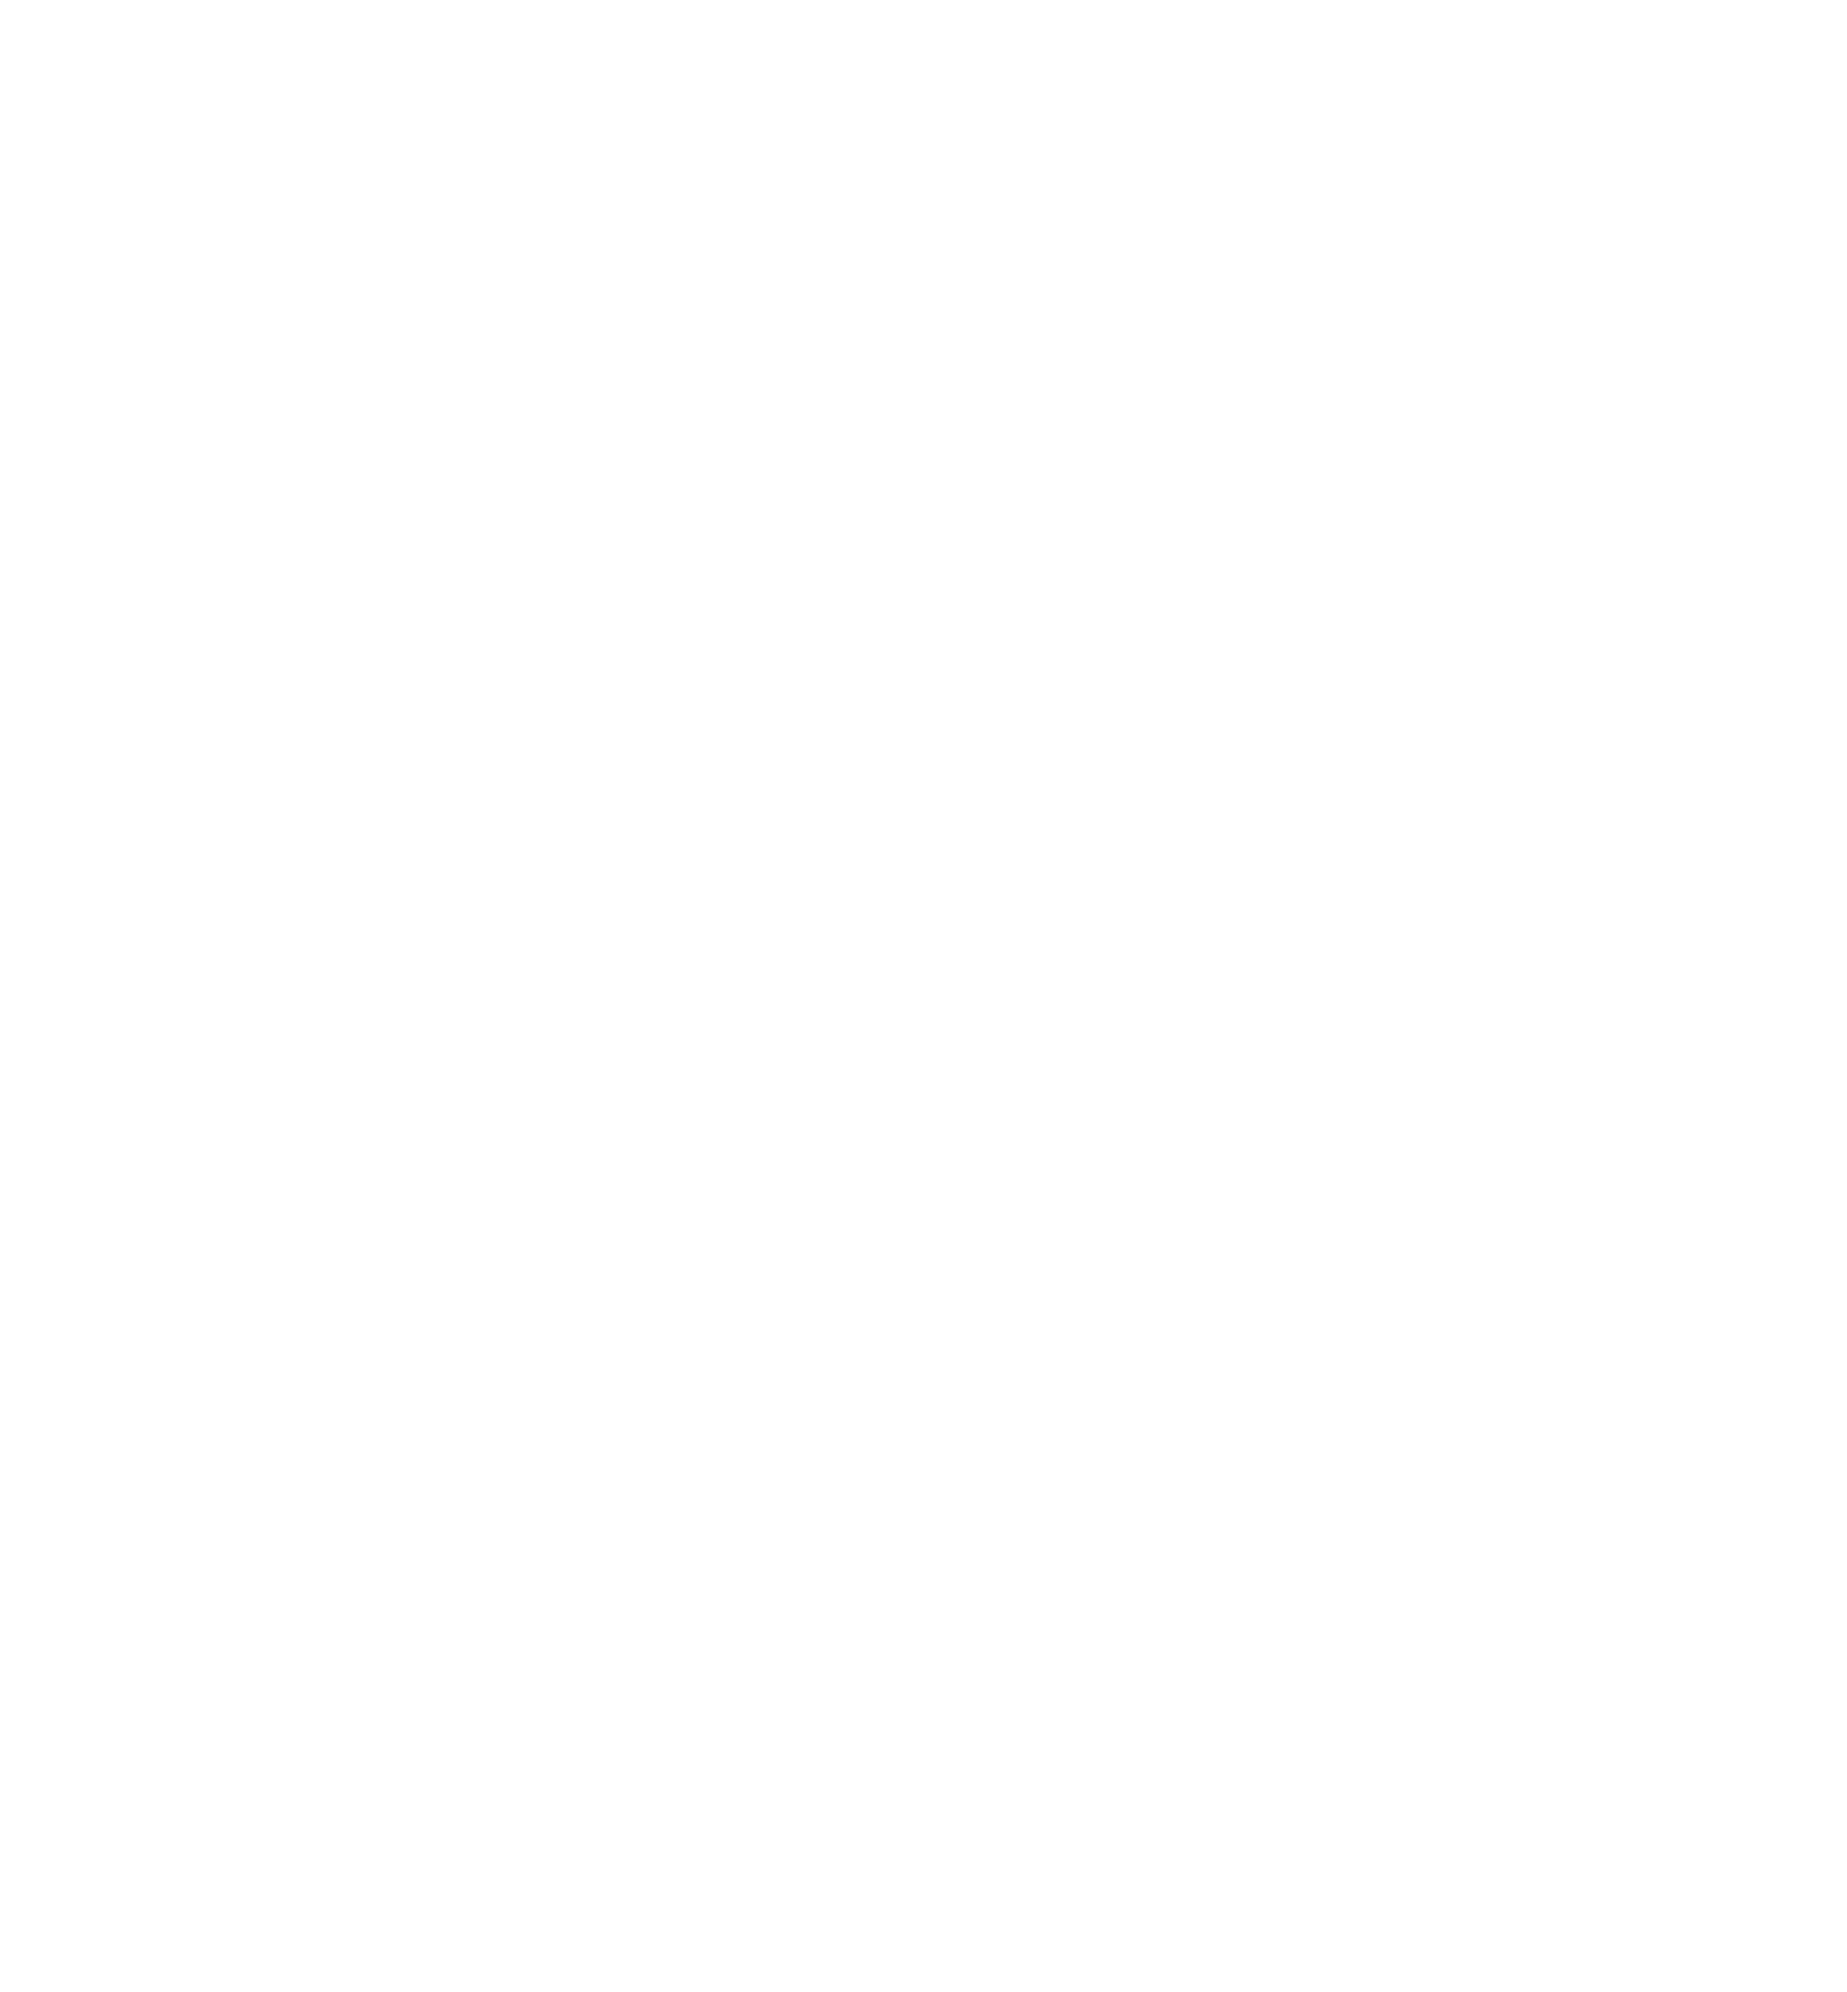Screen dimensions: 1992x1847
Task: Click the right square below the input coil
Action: [1497, 497]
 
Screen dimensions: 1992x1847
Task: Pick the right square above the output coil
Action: [1497, 1486]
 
